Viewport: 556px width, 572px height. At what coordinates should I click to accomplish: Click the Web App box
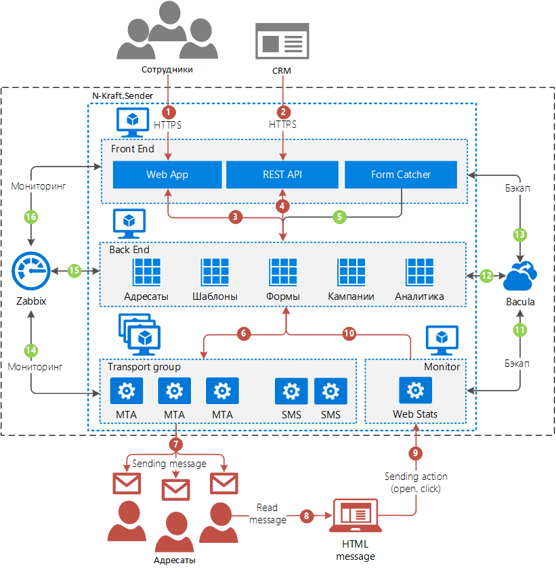pyautogui.click(x=167, y=175)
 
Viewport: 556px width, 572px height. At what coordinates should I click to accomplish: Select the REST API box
pyautogui.click(x=282, y=175)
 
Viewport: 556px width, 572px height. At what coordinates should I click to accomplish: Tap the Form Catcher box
pyautogui.click(x=401, y=175)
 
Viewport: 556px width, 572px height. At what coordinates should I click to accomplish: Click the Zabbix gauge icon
pyautogui.click(x=30, y=271)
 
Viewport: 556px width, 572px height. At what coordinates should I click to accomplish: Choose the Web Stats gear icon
pyautogui.click(x=415, y=391)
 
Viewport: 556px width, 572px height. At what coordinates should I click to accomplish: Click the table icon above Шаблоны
pyautogui.click(x=215, y=272)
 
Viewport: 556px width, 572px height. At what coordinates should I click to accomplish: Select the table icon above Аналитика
pyautogui.click(x=419, y=272)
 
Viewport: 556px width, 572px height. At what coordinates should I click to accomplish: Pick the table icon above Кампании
pyautogui.click(x=351, y=272)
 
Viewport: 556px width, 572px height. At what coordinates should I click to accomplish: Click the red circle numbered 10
pyautogui.click(x=349, y=334)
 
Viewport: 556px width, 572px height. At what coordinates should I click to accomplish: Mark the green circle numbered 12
pyautogui.click(x=486, y=276)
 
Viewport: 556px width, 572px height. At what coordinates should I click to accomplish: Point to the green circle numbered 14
pyautogui.click(x=30, y=350)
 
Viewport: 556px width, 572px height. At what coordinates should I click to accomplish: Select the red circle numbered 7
pyautogui.click(x=176, y=445)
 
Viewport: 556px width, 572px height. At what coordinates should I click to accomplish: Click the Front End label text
pyautogui.click(x=132, y=149)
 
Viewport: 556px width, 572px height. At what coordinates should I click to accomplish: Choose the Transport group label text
pyautogui.click(x=144, y=367)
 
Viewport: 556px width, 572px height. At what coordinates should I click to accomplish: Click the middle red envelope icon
pyautogui.click(x=176, y=487)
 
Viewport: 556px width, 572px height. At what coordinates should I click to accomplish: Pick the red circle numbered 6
pyautogui.click(x=244, y=334)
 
